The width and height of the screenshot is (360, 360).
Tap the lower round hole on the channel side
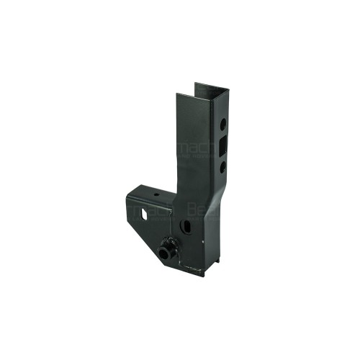pos(224,166)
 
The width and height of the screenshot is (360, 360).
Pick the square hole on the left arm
pos(146,214)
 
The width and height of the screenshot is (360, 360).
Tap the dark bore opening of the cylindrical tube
pos(161,253)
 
